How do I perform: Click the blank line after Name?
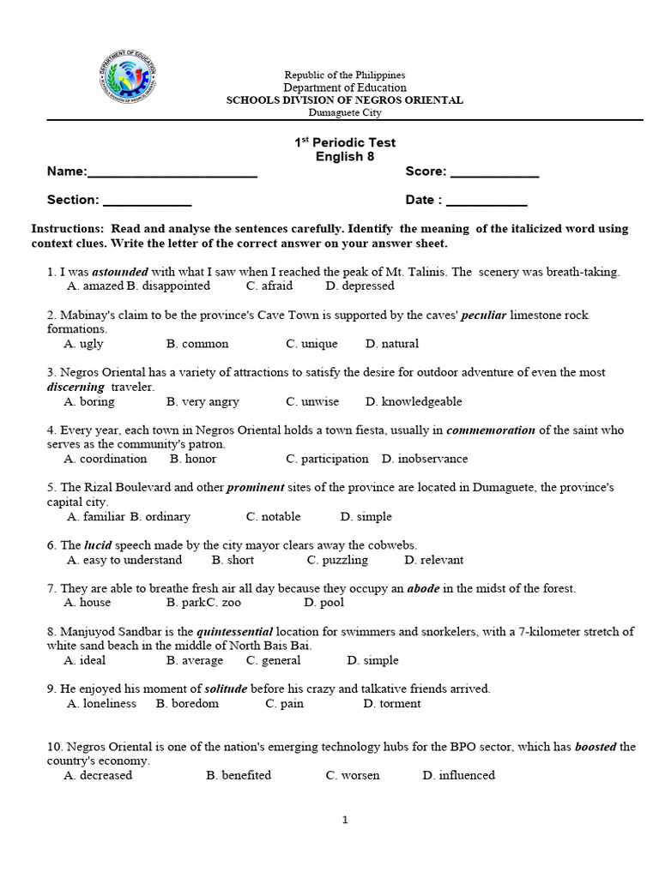tap(172, 174)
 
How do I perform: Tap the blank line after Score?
tap(494, 174)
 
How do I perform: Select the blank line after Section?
tap(147, 203)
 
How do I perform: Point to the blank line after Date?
tap(487, 203)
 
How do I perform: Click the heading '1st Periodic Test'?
tap(345, 142)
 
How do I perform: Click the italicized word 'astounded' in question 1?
tap(120, 272)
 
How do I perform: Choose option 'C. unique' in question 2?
tap(311, 344)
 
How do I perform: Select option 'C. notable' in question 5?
tap(273, 516)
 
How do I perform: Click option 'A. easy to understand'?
tap(124, 560)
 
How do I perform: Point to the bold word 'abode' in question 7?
tap(423, 588)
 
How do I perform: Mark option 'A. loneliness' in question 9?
tap(101, 703)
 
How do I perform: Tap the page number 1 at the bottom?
tap(345, 820)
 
